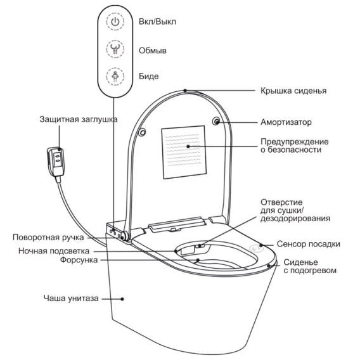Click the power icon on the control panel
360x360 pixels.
pyautogui.click(x=115, y=22)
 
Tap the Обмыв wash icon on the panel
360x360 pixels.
pyautogui.click(x=115, y=49)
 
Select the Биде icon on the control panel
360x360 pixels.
pyautogui.click(x=115, y=76)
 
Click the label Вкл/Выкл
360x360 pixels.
pyautogui.click(x=157, y=22)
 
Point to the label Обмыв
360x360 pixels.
pyautogui.click(x=153, y=50)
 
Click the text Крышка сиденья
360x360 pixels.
pyautogui.click(x=293, y=91)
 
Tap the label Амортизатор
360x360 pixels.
pyautogui.click(x=286, y=122)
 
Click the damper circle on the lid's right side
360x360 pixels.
pyautogui.click(x=216, y=121)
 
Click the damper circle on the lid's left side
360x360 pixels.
pyautogui.click(x=143, y=132)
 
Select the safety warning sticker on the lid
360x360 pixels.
pyautogui.click(x=184, y=152)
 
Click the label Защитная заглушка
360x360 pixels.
pyautogui.click(x=79, y=119)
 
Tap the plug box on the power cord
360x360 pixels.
pyautogui.click(x=56, y=162)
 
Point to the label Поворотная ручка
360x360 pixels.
pyautogui.click(x=48, y=238)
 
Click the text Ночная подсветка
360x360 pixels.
pyautogui.click(x=54, y=251)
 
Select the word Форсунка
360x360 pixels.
pyautogui.click(x=79, y=260)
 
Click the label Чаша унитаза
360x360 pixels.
pyautogui.click(x=71, y=299)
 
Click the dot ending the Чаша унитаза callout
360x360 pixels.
pyautogui.click(x=122, y=299)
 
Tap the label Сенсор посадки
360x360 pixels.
pyautogui.click(x=308, y=244)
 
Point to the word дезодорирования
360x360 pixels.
pyautogui.click(x=295, y=219)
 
